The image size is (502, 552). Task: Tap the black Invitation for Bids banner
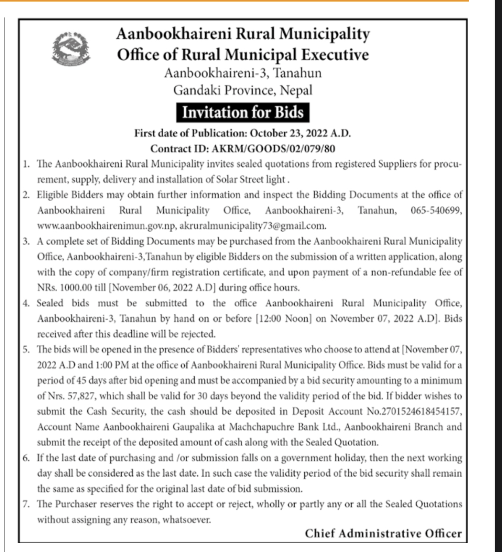point(243,112)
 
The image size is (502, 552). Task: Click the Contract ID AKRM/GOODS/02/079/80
point(272,149)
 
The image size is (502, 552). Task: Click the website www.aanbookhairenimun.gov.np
point(106,226)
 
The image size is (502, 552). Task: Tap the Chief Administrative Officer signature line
point(383,534)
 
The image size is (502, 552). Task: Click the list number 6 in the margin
point(27,458)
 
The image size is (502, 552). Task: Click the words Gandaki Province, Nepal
point(243,90)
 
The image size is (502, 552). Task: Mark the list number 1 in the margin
point(27,164)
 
